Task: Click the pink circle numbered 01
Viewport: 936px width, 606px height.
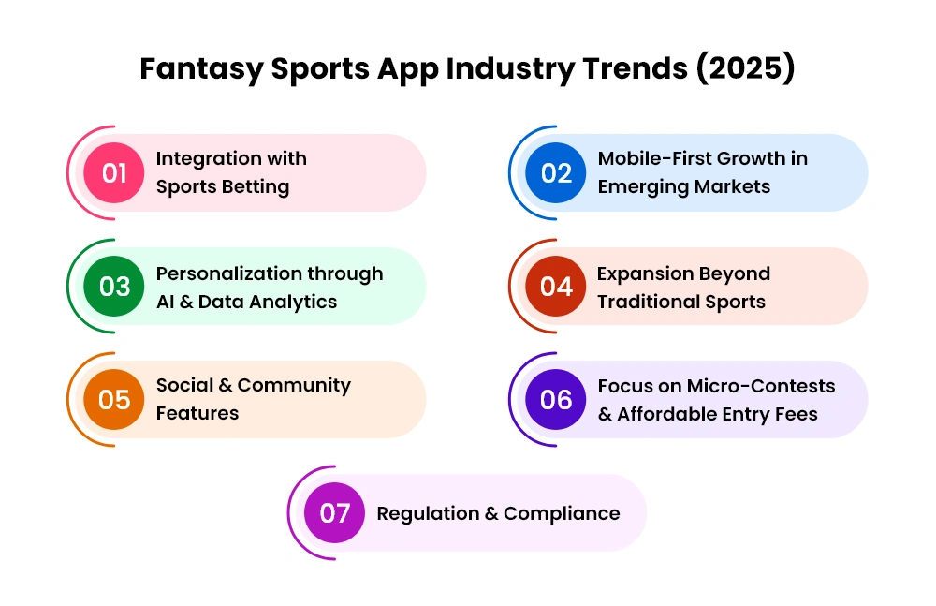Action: click(x=113, y=172)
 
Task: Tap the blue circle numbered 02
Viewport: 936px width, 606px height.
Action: click(x=556, y=172)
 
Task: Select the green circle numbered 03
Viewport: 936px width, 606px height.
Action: click(x=113, y=287)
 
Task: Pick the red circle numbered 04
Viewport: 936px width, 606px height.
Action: click(x=556, y=287)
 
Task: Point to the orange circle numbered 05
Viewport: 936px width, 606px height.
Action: click(x=113, y=399)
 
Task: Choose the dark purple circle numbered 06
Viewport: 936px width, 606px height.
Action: click(x=556, y=399)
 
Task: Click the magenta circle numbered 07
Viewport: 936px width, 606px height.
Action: click(x=334, y=512)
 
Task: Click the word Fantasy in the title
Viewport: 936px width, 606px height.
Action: click(x=201, y=69)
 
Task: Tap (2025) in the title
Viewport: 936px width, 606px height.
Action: click(x=746, y=68)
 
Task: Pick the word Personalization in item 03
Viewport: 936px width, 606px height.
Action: click(x=228, y=273)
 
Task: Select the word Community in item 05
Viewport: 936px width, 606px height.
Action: click(x=294, y=386)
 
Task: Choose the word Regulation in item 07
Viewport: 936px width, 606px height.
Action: click(x=428, y=514)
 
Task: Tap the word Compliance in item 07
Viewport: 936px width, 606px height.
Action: click(x=562, y=514)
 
